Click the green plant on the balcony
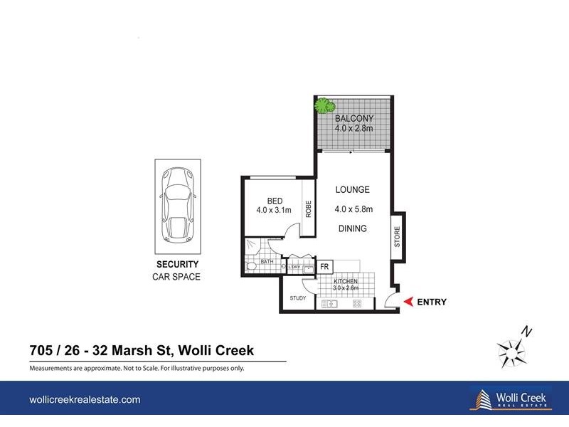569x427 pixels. pyautogui.click(x=326, y=107)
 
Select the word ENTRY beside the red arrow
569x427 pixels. pyautogui.click(x=432, y=302)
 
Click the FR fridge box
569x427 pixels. pyautogui.click(x=324, y=267)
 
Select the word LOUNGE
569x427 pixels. pyautogui.click(x=353, y=190)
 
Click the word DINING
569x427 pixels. pyautogui.click(x=353, y=228)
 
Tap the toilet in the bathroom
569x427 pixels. pyautogui.click(x=250, y=267)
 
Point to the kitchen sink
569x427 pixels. pyautogui.click(x=329, y=304)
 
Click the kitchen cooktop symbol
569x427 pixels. pyautogui.click(x=357, y=304)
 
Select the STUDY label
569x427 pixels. pyautogui.click(x=297, y=298)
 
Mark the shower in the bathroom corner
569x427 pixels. pyautogui.click(x=252, y=246)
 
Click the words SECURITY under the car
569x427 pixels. pyautogui.click(x=177, y=265)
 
